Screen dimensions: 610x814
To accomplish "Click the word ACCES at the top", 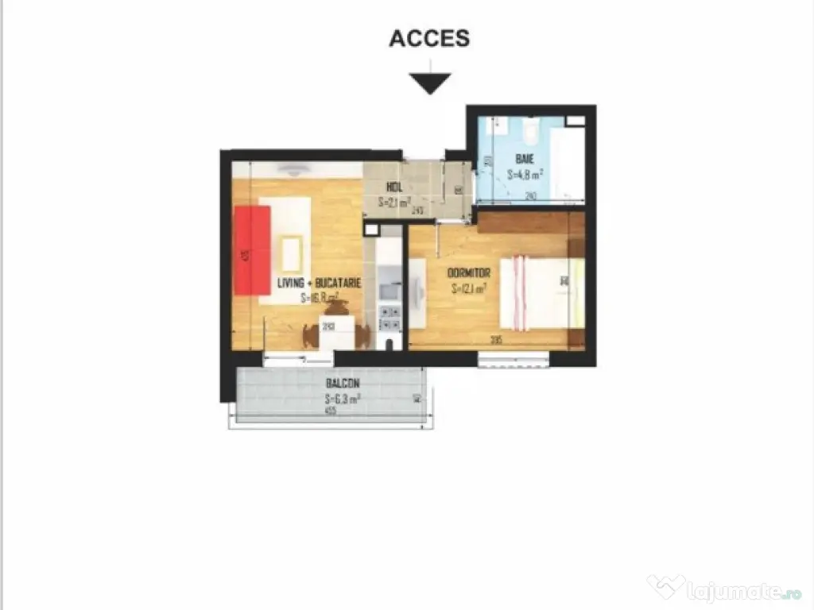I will coord(429,37).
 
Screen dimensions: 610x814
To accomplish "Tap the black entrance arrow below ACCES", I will coord(430,83).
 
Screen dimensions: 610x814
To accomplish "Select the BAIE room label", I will coord(524,159).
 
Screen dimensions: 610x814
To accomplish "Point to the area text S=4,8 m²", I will coord(525,175).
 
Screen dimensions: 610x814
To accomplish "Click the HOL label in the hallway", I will coord(393,187).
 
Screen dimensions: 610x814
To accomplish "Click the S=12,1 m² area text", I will coord(469,289).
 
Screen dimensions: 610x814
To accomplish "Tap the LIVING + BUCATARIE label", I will coord(320,283).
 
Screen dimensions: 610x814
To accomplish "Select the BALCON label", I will coord(337,382).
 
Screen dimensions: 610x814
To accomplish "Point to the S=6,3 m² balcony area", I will coord(343,400).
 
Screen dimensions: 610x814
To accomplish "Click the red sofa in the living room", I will coord(252,249).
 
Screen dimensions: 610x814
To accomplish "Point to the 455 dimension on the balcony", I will coord(330,411).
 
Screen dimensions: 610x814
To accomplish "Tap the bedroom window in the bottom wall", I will coord(514,359).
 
